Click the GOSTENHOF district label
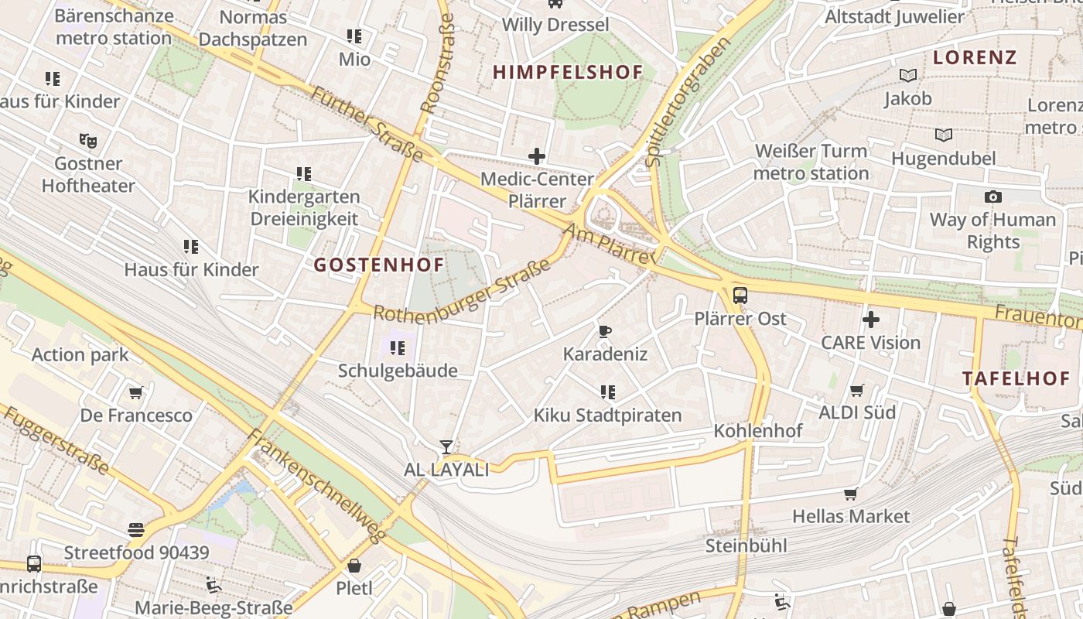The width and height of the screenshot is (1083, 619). point(379,265)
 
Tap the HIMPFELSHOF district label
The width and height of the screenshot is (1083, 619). point(568,73)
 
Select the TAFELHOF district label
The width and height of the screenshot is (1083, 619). point(1016,378)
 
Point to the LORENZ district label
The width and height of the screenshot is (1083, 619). point(974,57)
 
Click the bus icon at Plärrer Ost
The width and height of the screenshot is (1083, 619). point(740,295)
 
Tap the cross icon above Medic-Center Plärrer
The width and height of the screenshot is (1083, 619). point(537,156)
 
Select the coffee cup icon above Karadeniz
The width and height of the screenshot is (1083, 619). point(605,332)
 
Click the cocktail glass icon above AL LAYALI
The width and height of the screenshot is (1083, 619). point(446,446)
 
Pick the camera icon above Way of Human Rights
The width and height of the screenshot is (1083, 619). point(992,197)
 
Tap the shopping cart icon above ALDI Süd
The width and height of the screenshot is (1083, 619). point(857,390)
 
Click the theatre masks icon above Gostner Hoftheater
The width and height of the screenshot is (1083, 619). point(88,141)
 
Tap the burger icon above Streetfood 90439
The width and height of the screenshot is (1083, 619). point(136,530)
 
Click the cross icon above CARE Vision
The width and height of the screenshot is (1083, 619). point(871,319)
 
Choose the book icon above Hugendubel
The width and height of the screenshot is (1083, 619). point(944,135)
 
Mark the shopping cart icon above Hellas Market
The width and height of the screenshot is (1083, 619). point(851,494)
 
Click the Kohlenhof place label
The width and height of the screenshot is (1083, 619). point(757,430)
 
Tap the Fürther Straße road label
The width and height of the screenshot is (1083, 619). point(367,124)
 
